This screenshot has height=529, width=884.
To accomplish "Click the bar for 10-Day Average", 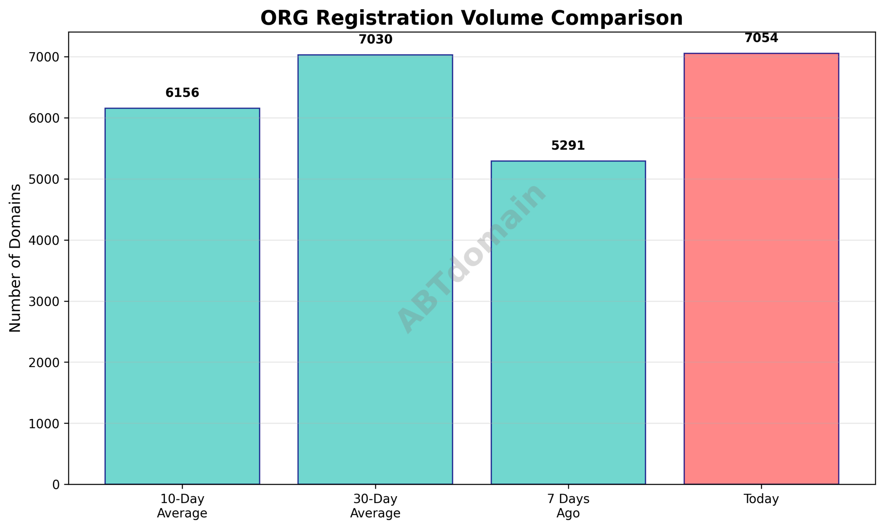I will pos(182,296).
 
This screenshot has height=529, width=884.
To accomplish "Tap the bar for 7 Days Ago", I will pos(568,323).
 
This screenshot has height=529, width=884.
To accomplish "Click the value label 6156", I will pos(182,93).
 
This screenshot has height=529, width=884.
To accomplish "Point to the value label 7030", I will pos(375,39).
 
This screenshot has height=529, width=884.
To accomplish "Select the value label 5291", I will pos(568,146).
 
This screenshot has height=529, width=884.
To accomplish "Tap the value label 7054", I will pos(761,38).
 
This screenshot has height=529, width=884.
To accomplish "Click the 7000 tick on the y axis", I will pos(44,57).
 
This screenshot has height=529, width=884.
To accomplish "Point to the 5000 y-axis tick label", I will pos(44,180).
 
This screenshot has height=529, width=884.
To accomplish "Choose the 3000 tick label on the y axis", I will pos(44,302).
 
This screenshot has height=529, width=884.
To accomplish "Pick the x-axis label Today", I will pos(761,499).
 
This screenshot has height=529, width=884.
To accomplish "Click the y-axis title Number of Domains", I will pos(15,258).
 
